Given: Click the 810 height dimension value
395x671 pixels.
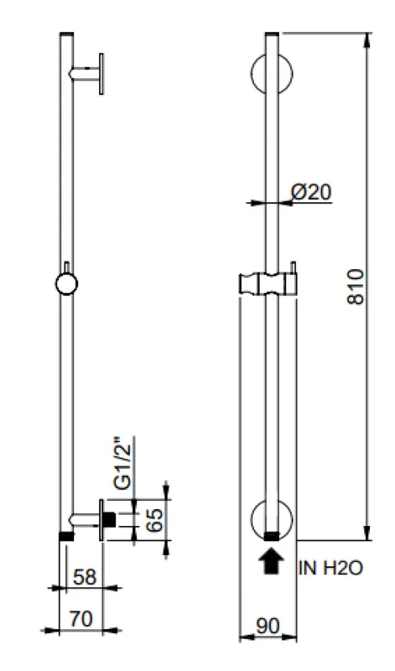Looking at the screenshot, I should pos(356,286).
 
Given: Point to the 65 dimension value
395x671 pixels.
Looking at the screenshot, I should pos(153,520).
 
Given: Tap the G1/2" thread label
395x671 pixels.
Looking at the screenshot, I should pos(123,463).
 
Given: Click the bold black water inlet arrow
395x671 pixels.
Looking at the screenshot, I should pos(270,561).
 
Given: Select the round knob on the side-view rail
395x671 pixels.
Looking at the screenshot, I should pos(66,283).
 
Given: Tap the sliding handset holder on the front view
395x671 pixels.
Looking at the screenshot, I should pos(268,283).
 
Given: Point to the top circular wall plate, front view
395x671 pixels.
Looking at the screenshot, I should pos(270,74).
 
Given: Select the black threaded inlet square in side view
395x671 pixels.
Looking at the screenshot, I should pos(108,519).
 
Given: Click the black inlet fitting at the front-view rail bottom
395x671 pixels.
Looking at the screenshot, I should pos(270,535).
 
